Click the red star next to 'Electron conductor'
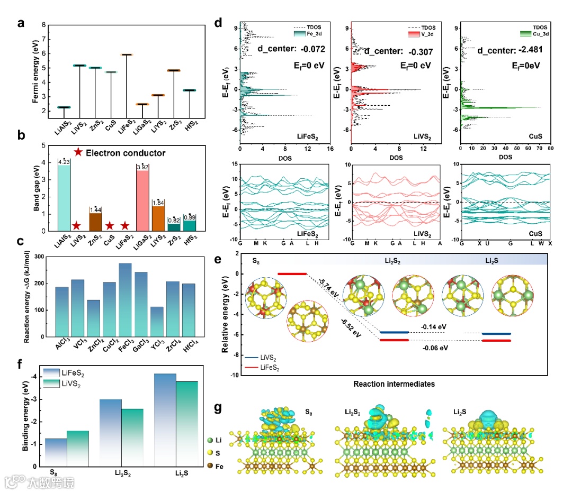pos(78,152)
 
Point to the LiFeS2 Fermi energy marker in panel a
pos(127,54)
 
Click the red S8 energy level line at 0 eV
pos(292,273)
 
